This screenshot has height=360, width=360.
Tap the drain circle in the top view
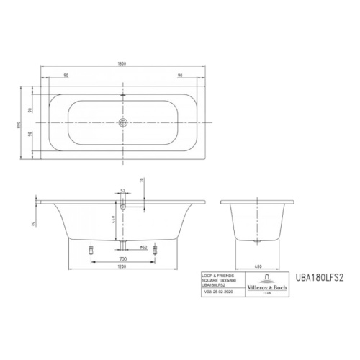(x=123, y=122)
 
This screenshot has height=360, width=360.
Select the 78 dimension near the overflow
(x=143, y=182)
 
